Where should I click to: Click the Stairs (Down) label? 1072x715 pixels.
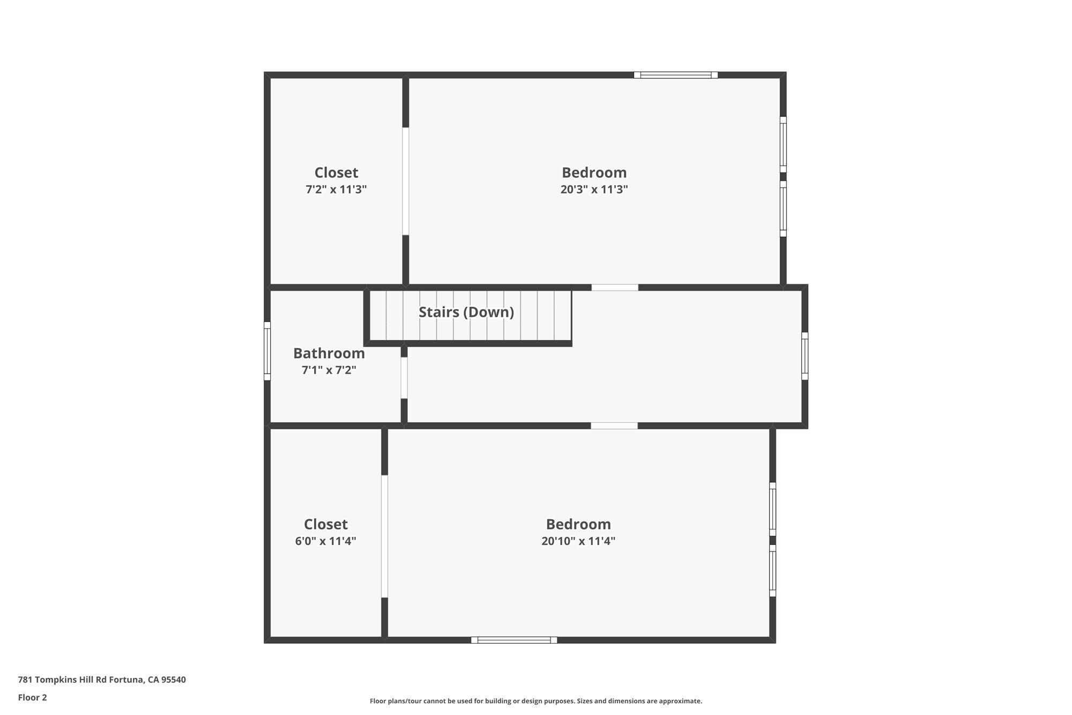point(466,312)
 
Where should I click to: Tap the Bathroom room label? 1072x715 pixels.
point(329,353)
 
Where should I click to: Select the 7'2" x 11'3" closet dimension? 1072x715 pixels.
point(336,189)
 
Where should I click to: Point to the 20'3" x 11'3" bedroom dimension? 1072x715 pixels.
point(594,189)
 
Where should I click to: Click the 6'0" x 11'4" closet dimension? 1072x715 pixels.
point(325,541)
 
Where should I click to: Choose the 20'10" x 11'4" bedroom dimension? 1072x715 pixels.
point(578,541)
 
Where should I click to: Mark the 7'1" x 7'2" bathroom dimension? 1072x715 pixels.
point(329,370)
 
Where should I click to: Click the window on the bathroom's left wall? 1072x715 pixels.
point(267,351)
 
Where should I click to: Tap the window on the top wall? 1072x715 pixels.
point(676,75)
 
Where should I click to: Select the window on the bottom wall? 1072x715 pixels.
point(514,640)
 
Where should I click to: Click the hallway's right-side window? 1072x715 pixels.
point(805,356)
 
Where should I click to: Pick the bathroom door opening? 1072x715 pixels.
point(404,378)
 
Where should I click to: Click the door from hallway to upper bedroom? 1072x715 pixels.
point(615,288)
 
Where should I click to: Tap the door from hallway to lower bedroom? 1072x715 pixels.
point(614,426)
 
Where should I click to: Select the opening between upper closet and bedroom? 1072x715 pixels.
point(406,181)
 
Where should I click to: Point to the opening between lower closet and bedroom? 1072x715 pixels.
point(384,536)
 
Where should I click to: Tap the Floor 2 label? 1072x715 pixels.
point(32,697)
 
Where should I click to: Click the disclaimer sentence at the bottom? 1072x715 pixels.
point(536,701)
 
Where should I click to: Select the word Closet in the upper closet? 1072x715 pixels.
point(336,172)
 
